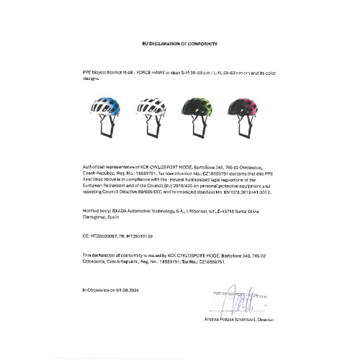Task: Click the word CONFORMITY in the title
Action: pyautogui.click(x=197, y=44)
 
